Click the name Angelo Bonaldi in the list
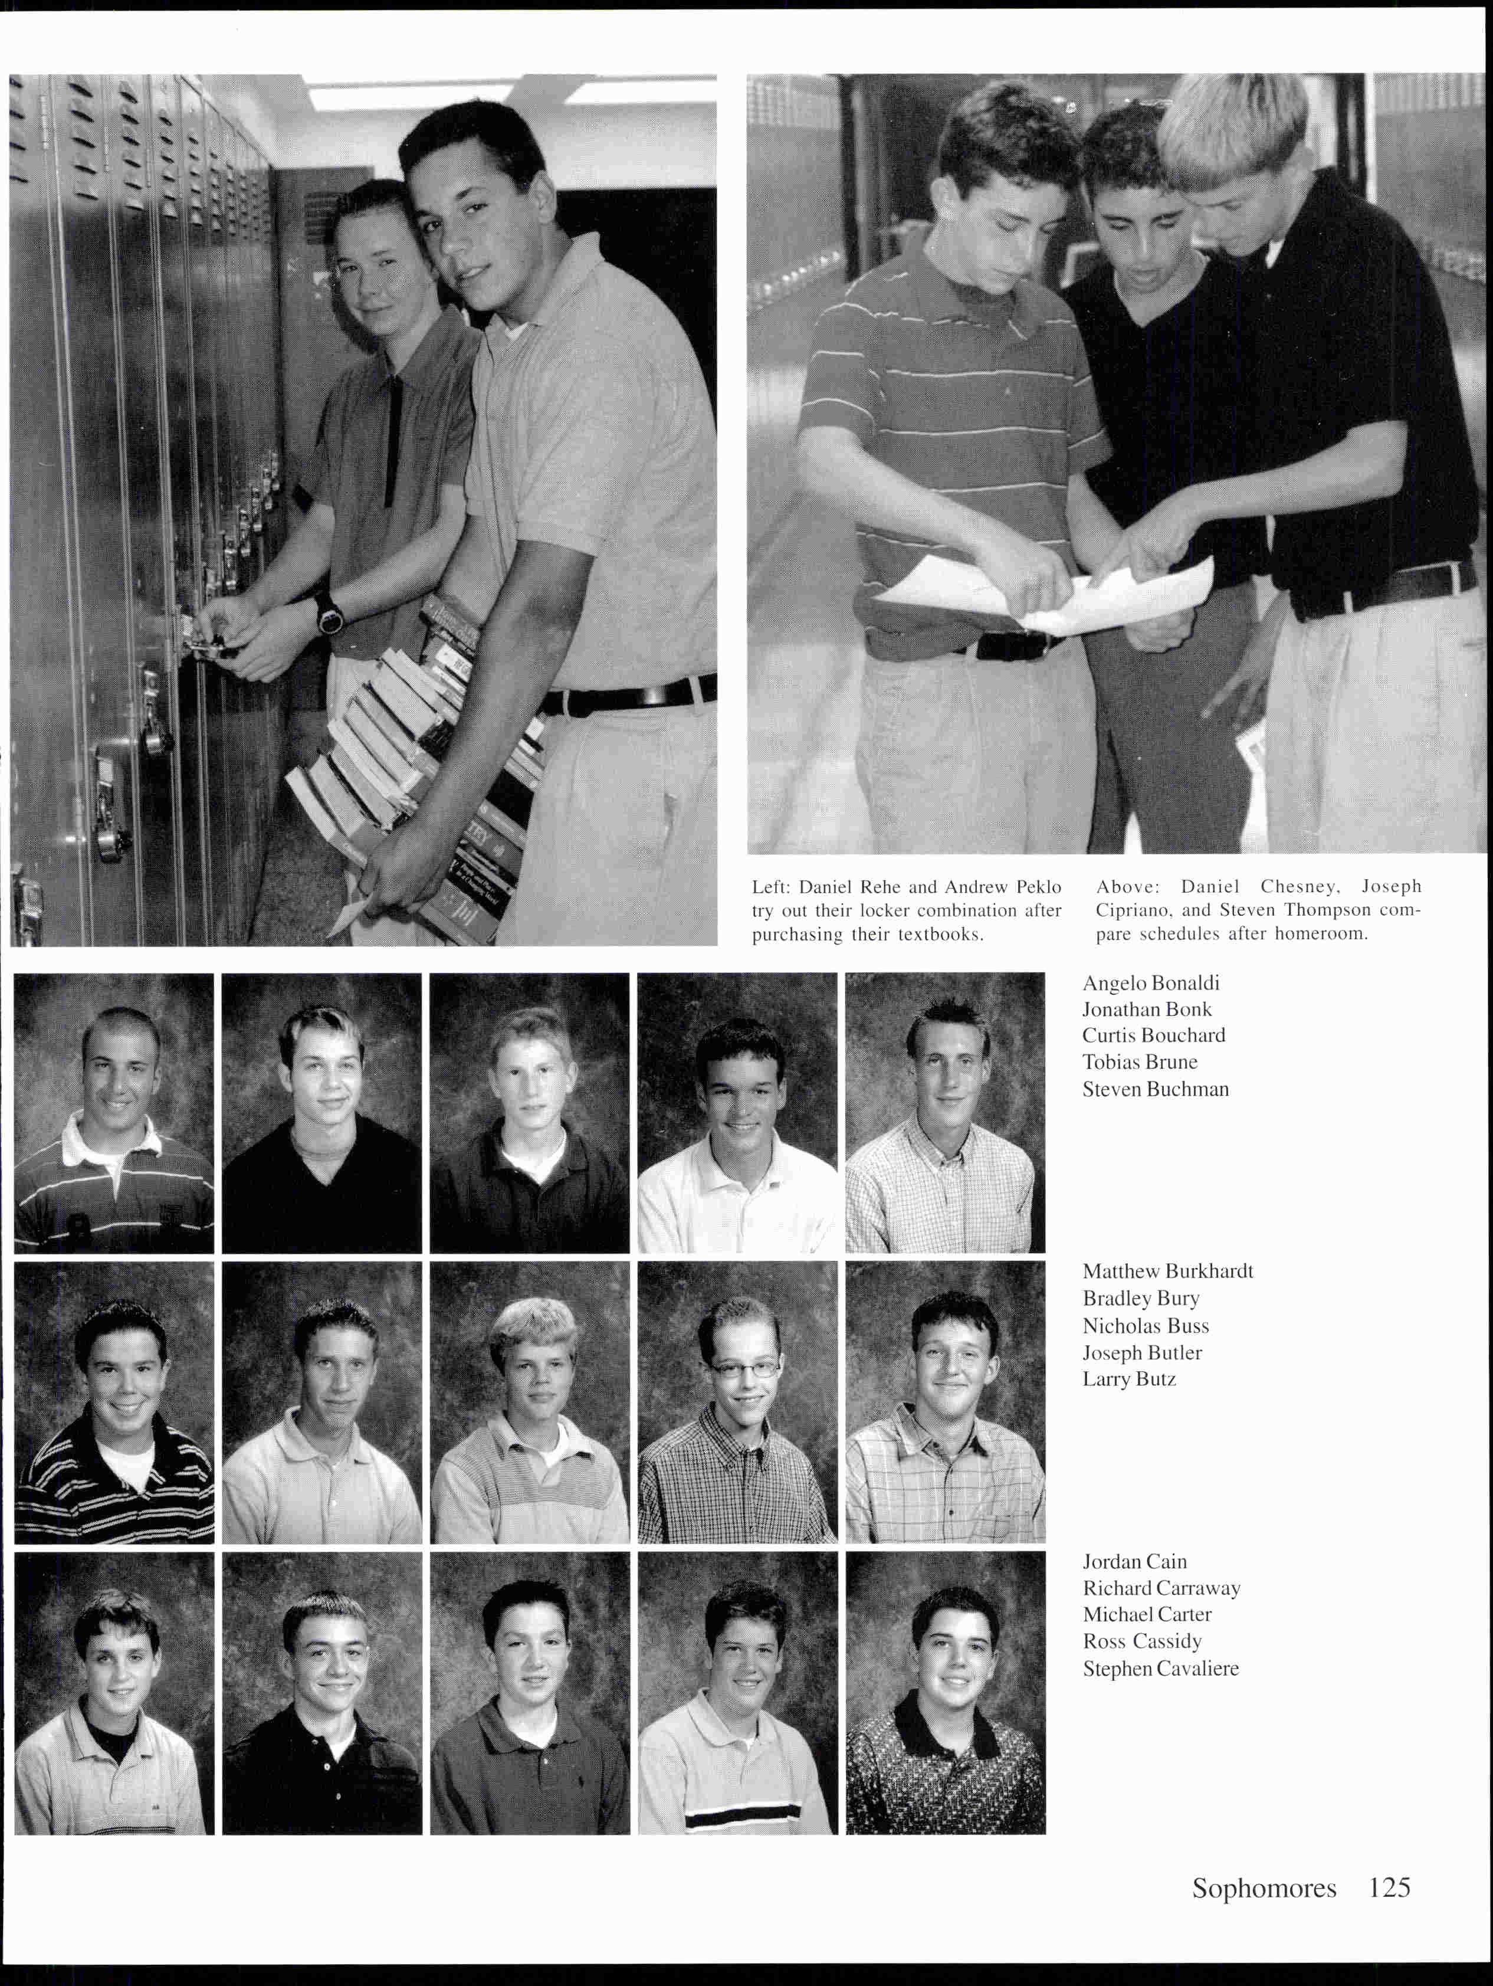coord(1150,983)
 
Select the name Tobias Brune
coord(1139,1062)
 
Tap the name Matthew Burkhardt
coord(1167,1271)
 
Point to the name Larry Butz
coord(1128,1379)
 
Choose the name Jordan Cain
coord(1134,1561)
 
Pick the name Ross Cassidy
coord(1141,1642)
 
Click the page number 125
coord(1389,1888)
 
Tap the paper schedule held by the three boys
coord(1051,592)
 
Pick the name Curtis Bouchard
coord(1153,1035)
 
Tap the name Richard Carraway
coord(1161,1588)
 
